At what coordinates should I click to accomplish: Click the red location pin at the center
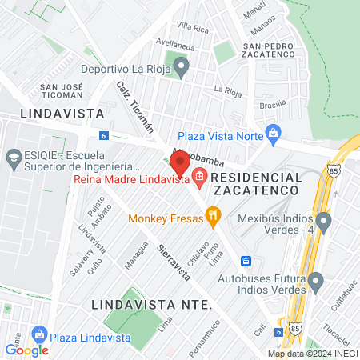click(180, 162)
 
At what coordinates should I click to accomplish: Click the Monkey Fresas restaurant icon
click(213, 214)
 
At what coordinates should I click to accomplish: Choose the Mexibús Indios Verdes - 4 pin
click(323, 220)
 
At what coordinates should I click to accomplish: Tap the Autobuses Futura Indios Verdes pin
click(316, 281)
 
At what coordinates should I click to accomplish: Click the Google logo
click(26, 350)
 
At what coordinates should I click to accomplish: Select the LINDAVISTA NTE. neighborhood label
click(151, 305)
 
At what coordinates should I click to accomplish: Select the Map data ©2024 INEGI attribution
click(312, 354)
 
